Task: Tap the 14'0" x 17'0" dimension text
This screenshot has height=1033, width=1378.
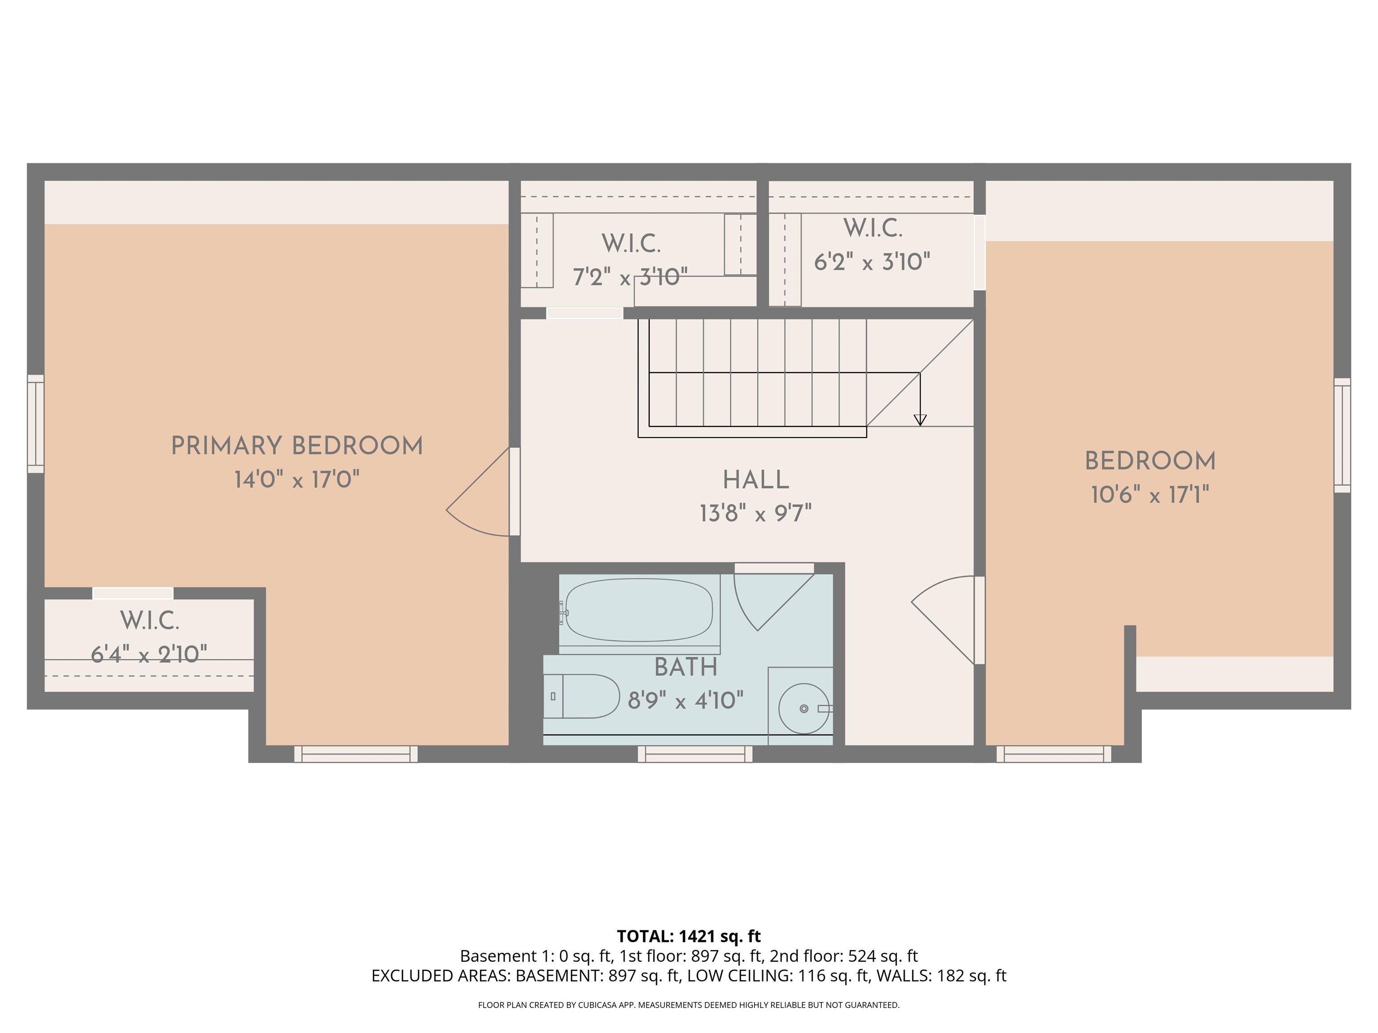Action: pyautogui.click(x=297, y=479)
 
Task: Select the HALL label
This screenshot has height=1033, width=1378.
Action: pyautogui.click(x=756, y=480)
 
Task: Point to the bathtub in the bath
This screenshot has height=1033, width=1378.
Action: pyautogui.click(x=639, y=610)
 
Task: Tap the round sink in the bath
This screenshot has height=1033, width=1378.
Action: pyautogui.click(x=804, y=708)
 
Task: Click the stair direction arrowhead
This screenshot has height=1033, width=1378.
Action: pyautogui.click(x=920, y=420)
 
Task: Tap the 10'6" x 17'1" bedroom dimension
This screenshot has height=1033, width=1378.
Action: pyautogui.click(x=1149, y=495)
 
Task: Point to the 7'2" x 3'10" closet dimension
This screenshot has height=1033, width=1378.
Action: pyautogui.click(x=630, y=277)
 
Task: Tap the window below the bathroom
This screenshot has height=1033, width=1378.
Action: pyautogui.click(x=694, y=754)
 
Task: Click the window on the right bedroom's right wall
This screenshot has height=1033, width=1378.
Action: pyautogui.click(x=1342, y=435)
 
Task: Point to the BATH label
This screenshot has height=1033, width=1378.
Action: pyautogui.click(x=685, y=668)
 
